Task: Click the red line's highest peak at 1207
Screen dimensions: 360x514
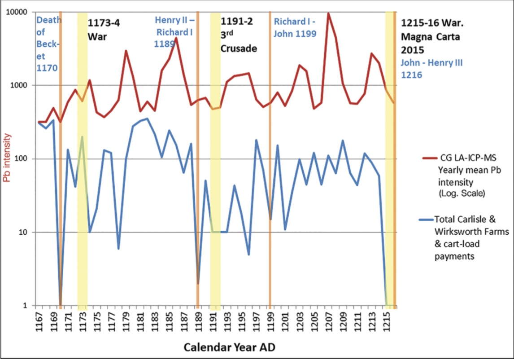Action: pyautogui.click(x=328, y=13)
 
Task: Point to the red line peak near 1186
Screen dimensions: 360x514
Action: pyautogui.click(x=176, y=38)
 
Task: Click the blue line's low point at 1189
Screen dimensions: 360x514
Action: pyautogui.click(x=198, y=283)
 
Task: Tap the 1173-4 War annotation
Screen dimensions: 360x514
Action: pyautogui.click(x=104, y=29)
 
